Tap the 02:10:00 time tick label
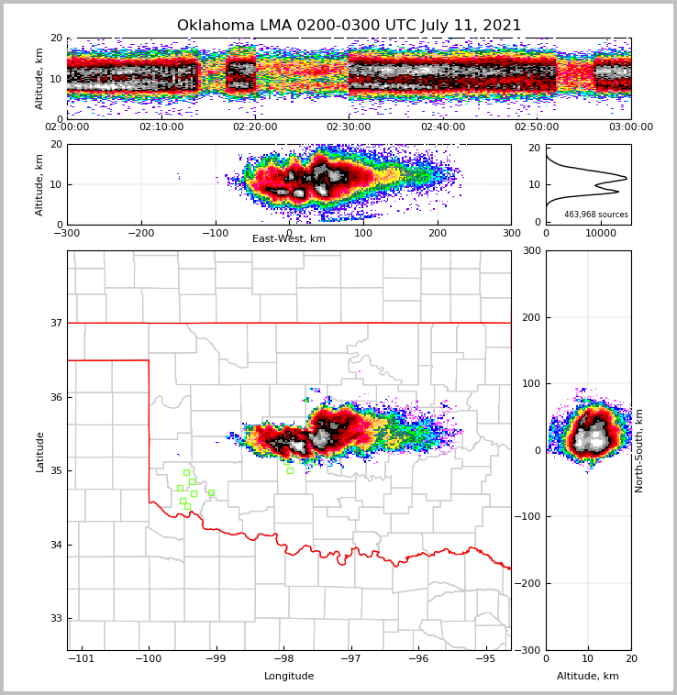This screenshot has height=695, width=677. (161, 127)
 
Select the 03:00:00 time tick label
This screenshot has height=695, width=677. (630, 127)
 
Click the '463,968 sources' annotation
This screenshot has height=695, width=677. (596, 215)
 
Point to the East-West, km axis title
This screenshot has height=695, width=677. (289, 239)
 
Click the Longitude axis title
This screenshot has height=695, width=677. (289, 677)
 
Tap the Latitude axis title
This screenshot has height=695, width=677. (40, 451)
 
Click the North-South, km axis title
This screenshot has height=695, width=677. (639, 450)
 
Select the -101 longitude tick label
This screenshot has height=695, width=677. (82, 658)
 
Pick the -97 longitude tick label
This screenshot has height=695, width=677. (350, 658)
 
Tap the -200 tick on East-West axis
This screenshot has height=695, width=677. (140, 233)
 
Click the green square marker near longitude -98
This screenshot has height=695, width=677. (290, 470)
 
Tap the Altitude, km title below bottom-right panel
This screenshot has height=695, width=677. (588, 677)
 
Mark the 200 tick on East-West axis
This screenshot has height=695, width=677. (438, 233)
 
